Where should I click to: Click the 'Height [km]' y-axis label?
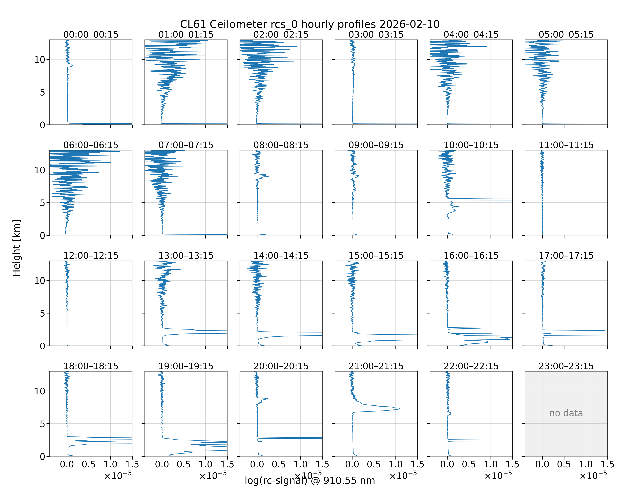point(17,248)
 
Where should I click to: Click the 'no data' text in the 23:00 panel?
point(566,413)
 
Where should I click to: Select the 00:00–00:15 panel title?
point(91,35)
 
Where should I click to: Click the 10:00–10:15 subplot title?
point(471,145)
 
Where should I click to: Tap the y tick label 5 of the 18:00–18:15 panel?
point(42,424)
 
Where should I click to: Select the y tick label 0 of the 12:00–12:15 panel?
point(42,346)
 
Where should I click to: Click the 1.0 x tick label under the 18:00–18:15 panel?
point(110,464)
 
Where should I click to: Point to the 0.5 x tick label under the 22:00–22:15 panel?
point(469,464)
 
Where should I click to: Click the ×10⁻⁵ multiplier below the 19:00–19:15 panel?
point(213,475)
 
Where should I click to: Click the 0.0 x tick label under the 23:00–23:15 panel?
point(542,464)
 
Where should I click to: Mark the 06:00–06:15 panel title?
point(91,145)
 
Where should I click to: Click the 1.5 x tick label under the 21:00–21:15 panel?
point(417,464)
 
